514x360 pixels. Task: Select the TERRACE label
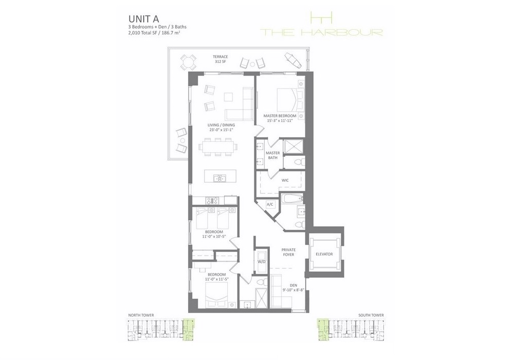[220, 57]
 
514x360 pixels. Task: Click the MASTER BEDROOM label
[280, 116]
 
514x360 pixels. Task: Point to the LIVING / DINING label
[221, 125]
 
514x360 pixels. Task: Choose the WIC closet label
[285, 181]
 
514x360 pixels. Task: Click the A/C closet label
[270, 205]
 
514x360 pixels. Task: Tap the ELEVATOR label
[324, 254]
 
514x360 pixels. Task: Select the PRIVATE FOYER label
[288, 252]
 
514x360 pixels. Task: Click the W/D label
[261, 262]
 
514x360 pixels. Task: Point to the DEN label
[293, 285]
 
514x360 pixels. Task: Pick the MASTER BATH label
[273, 155]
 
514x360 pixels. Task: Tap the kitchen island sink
[217, 178]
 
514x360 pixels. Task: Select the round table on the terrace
[189, 62]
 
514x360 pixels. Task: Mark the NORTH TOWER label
[141, 315]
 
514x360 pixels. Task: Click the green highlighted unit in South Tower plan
[323, 329]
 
